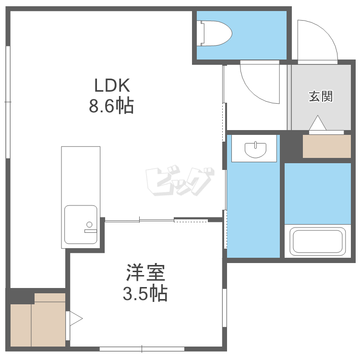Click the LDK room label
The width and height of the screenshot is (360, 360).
pyautogui.click(x=112, y=85)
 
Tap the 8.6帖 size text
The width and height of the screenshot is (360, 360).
pyautogui.click(x=111, y=106)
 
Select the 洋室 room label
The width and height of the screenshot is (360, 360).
pyautogui.click(x=145, y=273)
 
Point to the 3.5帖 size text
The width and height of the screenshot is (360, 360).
pyautogui.click(x=145, y=293)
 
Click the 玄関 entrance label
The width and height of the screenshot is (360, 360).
pyautogui.click(x=321, y=96)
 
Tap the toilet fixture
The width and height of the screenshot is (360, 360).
pyautogui.click(x=215, y=33)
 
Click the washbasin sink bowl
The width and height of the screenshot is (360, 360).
pyautogui.click(x=255, y=150)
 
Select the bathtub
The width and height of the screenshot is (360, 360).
pyautogui.click(x=318, y=241)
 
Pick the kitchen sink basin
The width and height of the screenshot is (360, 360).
pyautogui.click(x=81, y=225)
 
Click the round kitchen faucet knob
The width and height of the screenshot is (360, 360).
pyautogui.click(x=89, y=224)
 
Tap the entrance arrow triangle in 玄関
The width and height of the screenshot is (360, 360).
pyautogui.click(x=318, y=123)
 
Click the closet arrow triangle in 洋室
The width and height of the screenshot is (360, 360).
pyautogui.click(x=76, y=318)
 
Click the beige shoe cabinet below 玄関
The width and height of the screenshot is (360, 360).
pyautogui.click(x=327, y=146)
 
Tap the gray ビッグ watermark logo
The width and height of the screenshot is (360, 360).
pyautogui.click(x=180, y=180)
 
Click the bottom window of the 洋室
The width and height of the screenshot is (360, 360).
pyautogui.click(x=142, y=349)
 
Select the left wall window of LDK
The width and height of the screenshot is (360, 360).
pyautogui.click(x=8, y=102)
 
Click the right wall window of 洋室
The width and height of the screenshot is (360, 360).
pyautogui.click(x=225, y=308)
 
